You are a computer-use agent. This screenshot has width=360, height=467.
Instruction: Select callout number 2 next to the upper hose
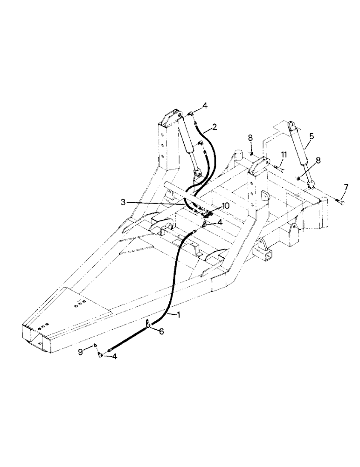coord(214,127)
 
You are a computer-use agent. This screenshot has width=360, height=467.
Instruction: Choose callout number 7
coord(346,187)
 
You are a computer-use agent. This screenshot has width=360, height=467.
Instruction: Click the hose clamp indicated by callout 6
coord(148,325)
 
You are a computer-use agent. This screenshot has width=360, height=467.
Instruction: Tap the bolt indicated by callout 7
coord(339,201)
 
